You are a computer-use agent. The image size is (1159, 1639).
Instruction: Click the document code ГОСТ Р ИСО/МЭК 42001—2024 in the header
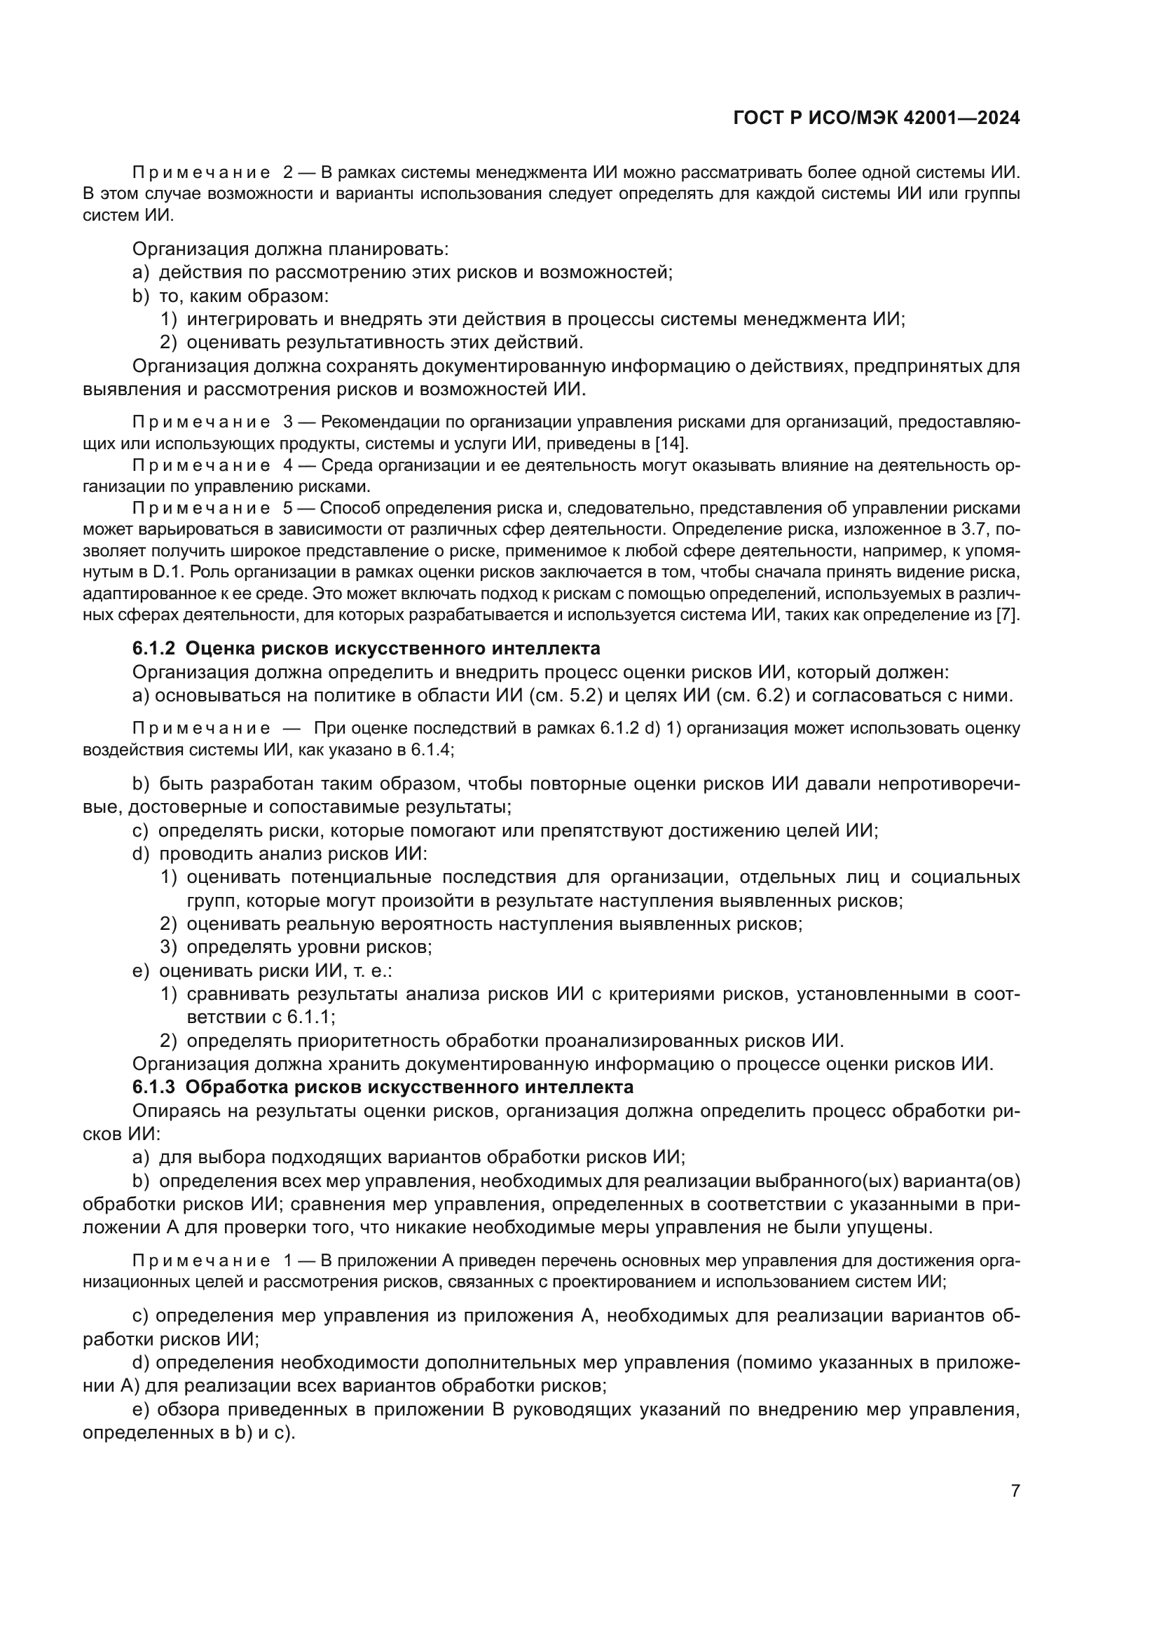point(877,118)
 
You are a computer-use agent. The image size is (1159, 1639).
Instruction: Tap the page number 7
point(1015,1491)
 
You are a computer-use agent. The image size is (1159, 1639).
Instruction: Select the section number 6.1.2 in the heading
point(154,649)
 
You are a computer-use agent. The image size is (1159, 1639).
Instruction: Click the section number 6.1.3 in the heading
point(154,1088)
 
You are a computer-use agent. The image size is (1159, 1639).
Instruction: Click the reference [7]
point(1008,615)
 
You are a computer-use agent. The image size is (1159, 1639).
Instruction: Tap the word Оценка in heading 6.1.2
point(219,649)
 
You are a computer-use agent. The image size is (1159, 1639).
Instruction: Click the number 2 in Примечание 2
point(288,172)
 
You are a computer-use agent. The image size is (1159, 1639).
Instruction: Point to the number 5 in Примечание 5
point(288,508)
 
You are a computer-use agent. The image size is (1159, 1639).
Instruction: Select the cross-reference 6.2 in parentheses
point(769,696)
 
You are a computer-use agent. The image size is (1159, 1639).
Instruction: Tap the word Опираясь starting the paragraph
point(173,1111)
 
